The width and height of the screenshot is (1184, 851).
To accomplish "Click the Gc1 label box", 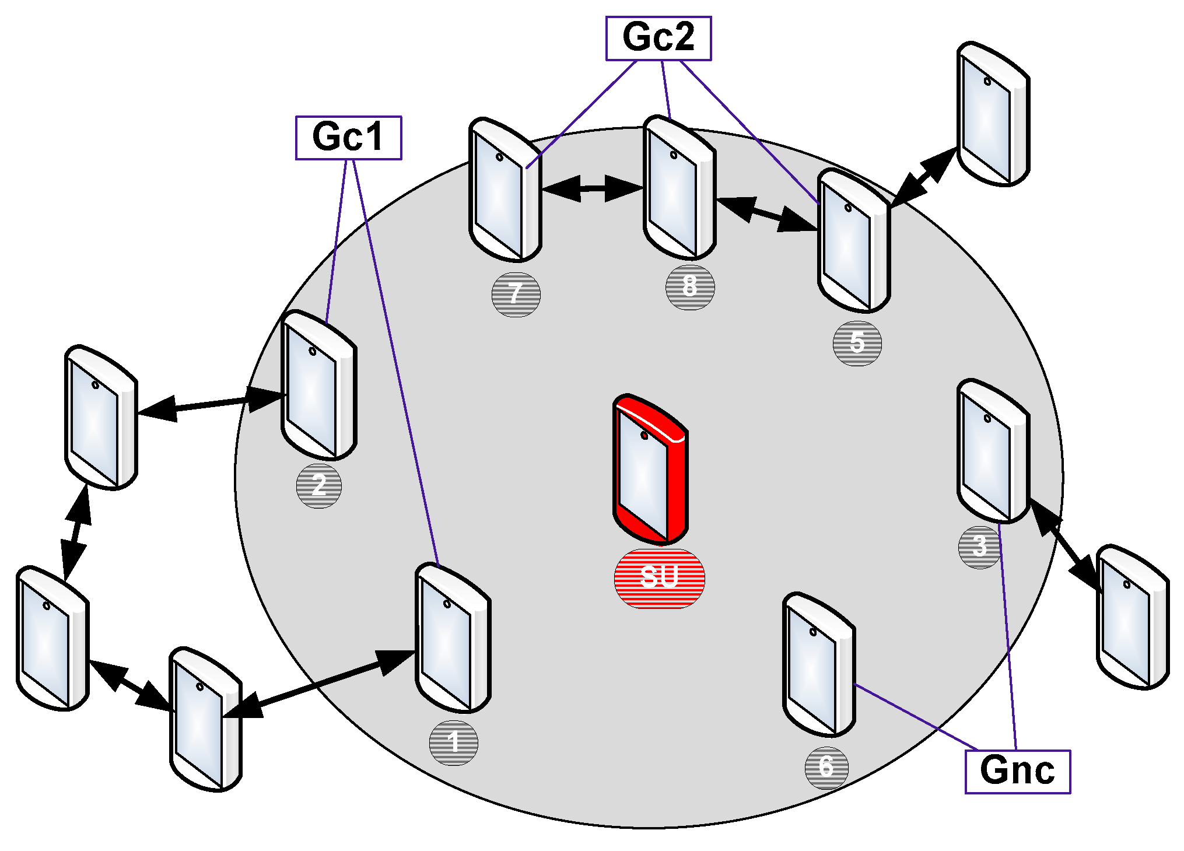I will [x=348, y=138].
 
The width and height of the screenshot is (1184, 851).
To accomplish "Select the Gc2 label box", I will [x=658, y=38].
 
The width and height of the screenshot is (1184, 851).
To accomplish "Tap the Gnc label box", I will [x=1017, y=771].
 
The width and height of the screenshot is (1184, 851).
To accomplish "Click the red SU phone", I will [x=650, y=470].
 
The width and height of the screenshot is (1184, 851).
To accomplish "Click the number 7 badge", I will [x=516, y=295].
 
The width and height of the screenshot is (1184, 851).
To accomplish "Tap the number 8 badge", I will [x=690, y=287].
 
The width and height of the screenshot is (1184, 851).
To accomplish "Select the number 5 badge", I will [x=857, y=344].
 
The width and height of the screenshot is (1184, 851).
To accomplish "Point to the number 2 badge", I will [x=318, y=486].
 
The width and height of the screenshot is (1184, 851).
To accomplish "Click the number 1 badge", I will [x=453, y=743].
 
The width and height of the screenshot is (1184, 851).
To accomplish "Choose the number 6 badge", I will [x=826, y=768].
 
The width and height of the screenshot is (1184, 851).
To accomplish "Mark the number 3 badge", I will [x=980, y=547].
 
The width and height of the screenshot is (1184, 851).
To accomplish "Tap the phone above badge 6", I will [x=819, y=665].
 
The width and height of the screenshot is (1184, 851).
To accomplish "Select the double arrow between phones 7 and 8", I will [x=593, y=188].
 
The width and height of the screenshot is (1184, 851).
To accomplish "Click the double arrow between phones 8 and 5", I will [x=766, y=215].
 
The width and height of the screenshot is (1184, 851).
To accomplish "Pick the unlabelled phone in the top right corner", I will [x=993, y=114].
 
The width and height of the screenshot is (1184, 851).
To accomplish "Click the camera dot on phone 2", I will [x=313, y=351].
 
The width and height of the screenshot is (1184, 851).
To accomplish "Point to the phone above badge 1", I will [x=453, y=638].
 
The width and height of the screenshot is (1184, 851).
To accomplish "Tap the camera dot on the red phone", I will [x=644, y=436].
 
